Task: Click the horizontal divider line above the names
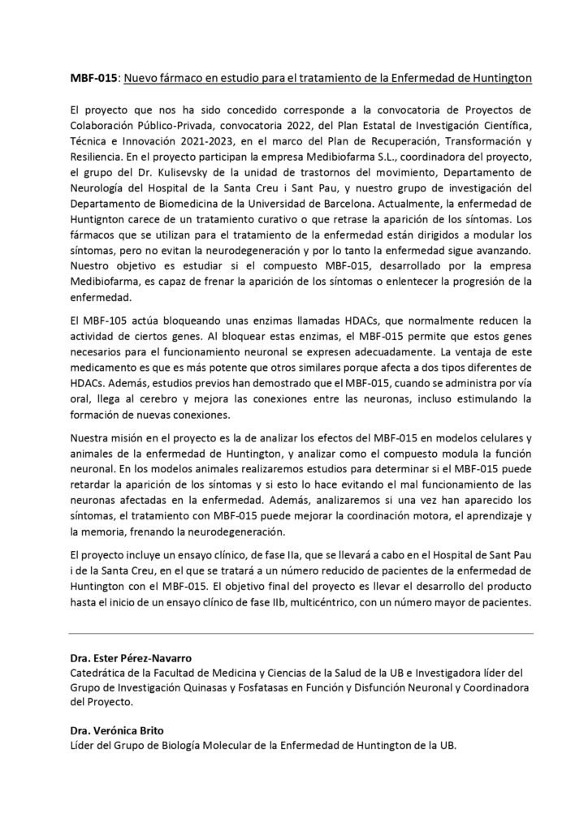(x=300, y=632)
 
